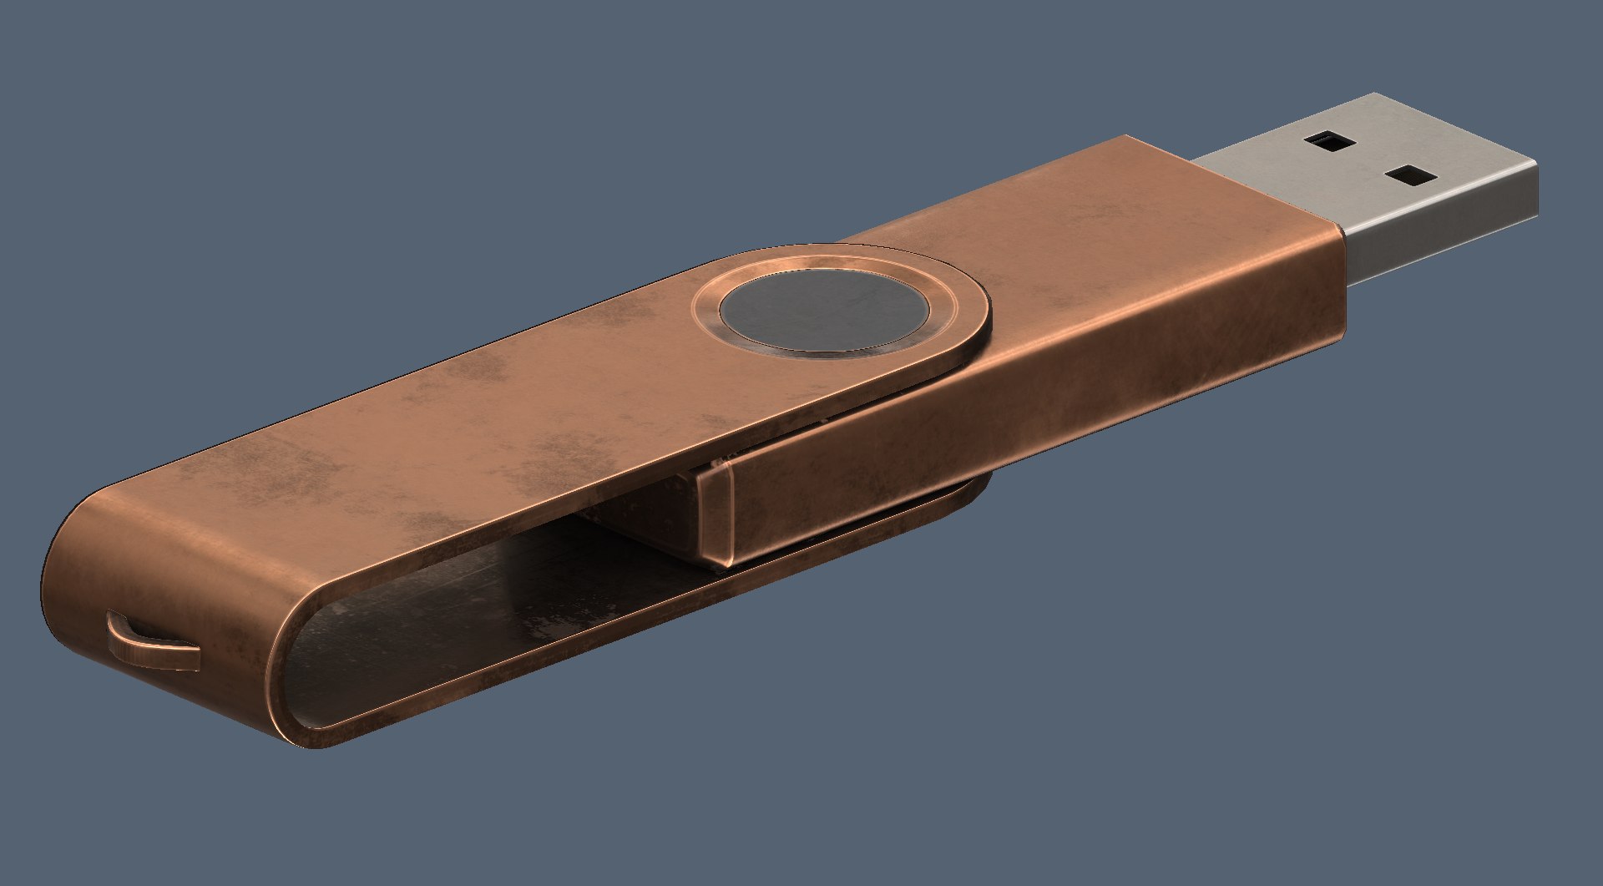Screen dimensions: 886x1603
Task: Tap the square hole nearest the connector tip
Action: tap(1412, 175)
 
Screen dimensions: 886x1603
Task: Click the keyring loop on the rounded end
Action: tap(150, 643)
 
